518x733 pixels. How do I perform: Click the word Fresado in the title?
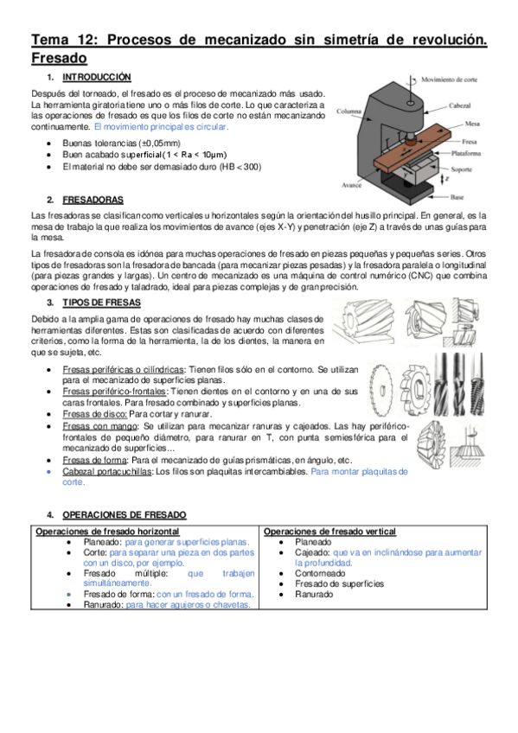pos(59,59)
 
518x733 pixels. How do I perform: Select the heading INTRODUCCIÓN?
pos(97,77)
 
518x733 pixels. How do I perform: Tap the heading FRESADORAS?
pos(93,200)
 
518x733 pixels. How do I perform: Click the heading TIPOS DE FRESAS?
pos(101,303)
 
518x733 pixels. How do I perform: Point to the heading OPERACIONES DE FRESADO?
pos(125,515)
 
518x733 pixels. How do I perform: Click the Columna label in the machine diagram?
pos(349,112)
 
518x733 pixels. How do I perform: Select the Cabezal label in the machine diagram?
pos(459,106)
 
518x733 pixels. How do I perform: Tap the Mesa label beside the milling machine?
pos(472,124)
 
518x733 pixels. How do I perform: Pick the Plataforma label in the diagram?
pos(465,153)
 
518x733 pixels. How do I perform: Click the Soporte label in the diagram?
pos(462,169)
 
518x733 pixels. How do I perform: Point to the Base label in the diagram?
pos(457,197)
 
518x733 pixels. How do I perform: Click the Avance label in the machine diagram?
pos(352,185)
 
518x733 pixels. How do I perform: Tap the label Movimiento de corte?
pos(450,80)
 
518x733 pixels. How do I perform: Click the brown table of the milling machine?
pos(413,146)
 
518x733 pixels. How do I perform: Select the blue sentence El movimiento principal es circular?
pos(162,127)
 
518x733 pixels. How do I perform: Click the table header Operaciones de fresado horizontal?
pos(107,532)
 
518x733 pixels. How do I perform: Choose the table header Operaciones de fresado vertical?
pos(329,532)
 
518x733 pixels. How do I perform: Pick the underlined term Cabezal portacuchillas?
pos(107,472)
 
